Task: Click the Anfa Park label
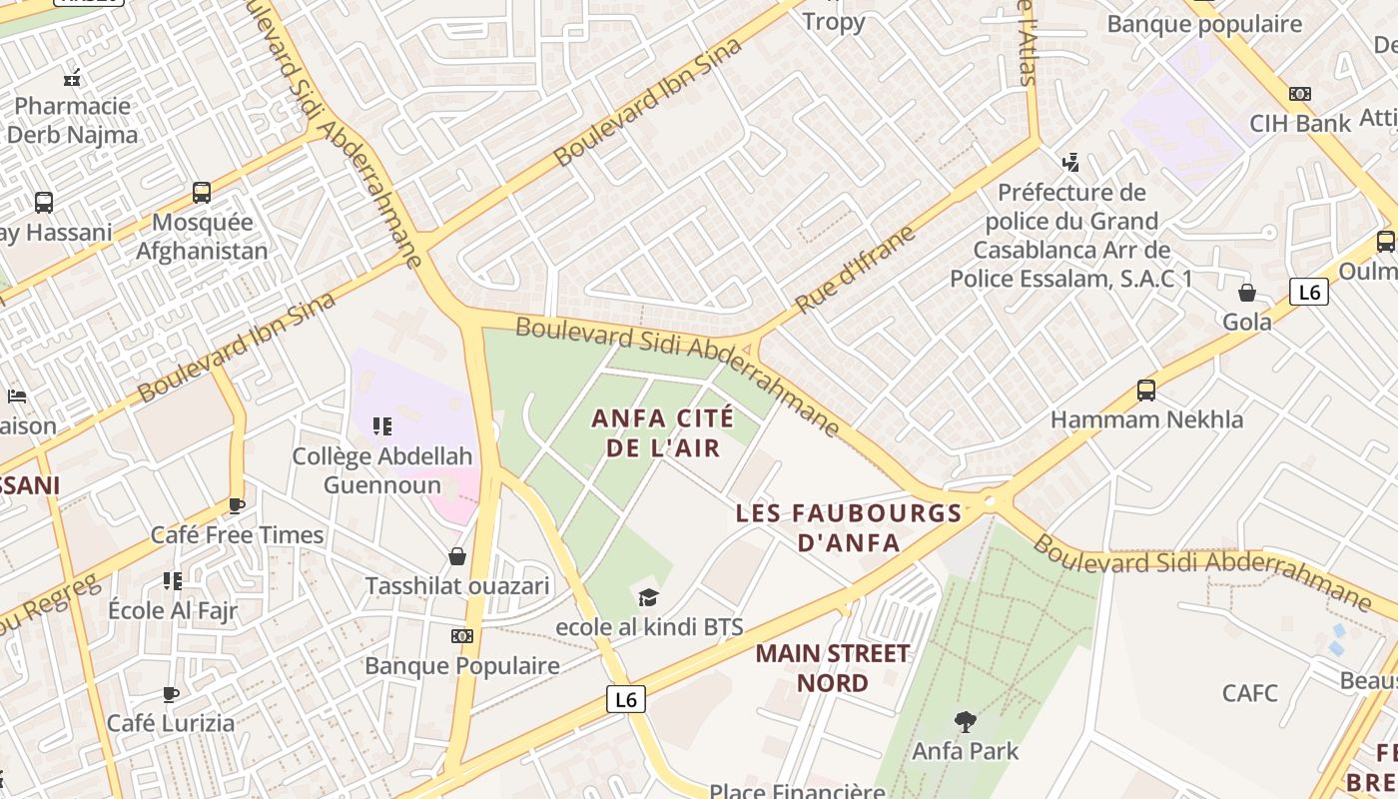coord(965,750)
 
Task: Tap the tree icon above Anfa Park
coord(965,721)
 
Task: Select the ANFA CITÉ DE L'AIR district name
coord(663,432)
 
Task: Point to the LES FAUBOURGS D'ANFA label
coord(849,528)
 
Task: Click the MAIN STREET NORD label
coord(833,668)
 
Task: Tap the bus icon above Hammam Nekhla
coord(1146,391)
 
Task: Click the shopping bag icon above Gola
coord(1247,293)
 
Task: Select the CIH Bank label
coord(1300,123)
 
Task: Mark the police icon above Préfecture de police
coord(1071,162)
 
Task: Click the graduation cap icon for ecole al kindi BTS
coord(649,598)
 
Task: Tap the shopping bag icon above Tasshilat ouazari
coord(457,556)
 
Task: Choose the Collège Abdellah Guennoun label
coord(381,470)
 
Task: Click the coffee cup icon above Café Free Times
coord(237,506)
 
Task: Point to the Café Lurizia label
coord(171,722)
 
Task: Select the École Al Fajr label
coord(173,610)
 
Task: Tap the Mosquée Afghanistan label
coord(202,236)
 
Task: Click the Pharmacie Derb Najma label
coord(72,120)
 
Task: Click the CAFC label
coord(1250,692)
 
